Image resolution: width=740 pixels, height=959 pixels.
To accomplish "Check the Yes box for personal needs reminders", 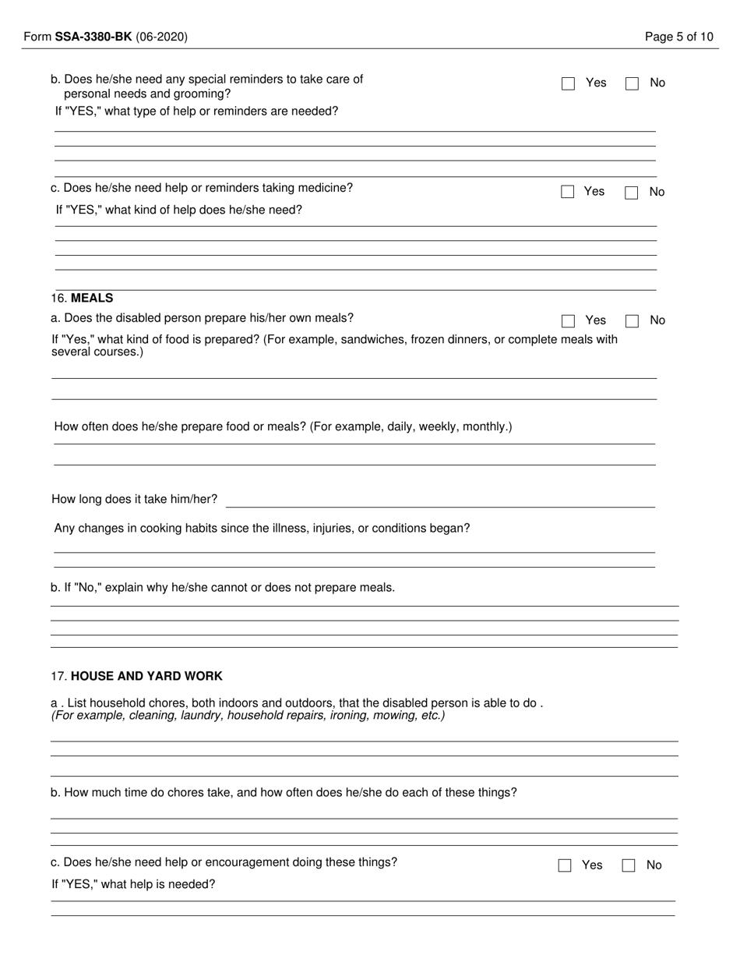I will coord(568,83).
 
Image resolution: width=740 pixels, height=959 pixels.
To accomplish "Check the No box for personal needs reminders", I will coord(632,83).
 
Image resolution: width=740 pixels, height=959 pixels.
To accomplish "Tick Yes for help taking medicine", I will coord(567,193).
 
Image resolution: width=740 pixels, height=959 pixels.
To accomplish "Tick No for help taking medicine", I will coord(631,193).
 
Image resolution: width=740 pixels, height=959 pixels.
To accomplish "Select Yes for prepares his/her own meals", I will coord(568,321).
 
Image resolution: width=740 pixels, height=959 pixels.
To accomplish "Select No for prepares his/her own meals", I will coord(632,321).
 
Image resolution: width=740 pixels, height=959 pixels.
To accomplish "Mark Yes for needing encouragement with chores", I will coord(565,865).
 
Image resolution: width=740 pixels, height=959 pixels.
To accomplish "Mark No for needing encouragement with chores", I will coord(629,865).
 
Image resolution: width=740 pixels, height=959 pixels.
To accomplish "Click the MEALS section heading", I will coord(92,298).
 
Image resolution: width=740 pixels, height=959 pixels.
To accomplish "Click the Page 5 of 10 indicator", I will coord(678,37).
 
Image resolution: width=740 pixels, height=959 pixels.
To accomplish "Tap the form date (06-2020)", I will coord(161,37).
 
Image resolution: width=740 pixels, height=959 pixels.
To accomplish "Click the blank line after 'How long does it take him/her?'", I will coord(440,501).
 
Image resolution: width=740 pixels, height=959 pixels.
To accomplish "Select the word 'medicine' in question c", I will coord(329,188).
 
